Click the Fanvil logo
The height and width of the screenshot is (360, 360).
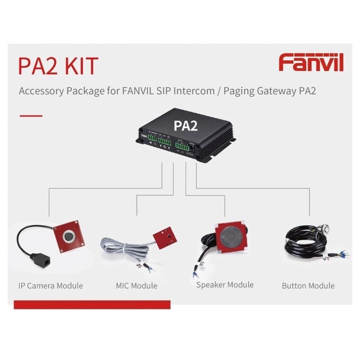tap(311, 63)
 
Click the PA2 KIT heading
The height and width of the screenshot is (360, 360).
tap(58, 66)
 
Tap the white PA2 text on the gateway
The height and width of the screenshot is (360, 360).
tap(185, 125)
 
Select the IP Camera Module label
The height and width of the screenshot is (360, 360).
tap(51, 286)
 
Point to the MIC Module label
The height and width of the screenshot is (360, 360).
tap(136, 286)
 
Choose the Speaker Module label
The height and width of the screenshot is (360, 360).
tap(225, 285)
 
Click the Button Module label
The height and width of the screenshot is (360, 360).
tap(308, 286)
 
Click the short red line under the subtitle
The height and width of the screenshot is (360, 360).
tap(31, 116)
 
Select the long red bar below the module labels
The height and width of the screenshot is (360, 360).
tap(92, 305)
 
